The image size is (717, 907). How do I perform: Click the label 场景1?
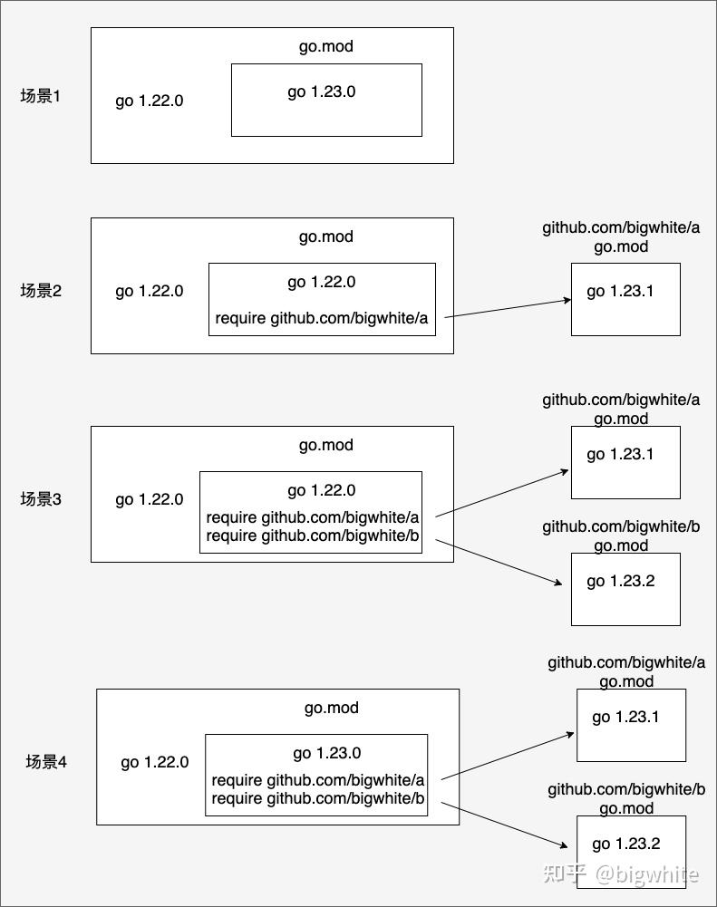[x=41, y=95]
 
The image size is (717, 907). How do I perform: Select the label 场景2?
[x=41, y=291]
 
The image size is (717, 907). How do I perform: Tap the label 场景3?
[x=41, y=499]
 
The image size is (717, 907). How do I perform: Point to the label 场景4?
[x=46, y=762]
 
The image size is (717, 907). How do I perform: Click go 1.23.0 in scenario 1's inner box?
[x=322, y=92]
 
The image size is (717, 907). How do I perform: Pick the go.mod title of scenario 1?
[x=326, y=46]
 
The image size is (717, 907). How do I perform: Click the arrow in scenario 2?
[x=508, y=308]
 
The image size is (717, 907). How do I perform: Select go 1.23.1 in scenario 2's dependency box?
[x=620, y=291]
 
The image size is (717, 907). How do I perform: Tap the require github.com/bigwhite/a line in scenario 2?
[x=322, y=318]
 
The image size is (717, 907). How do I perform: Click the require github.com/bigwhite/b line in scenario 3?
[x=313, y=536]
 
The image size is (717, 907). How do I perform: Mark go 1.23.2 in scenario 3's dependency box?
[x=620, y=581]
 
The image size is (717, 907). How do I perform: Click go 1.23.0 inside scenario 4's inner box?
[x=327, y=753]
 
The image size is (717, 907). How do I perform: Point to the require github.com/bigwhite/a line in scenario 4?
[x=318, y=780]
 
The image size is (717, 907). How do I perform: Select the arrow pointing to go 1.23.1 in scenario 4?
[x=508, y=756]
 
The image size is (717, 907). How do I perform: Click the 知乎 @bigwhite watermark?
[x=621, y=874]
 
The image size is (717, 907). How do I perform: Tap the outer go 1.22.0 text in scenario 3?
[x=149, y=499]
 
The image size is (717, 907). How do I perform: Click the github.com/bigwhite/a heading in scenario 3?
[x=621, y=400]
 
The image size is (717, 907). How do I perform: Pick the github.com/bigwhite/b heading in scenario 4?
[x=626, y=789]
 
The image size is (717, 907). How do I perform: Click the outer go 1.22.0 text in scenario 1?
[x=149, y=101]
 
